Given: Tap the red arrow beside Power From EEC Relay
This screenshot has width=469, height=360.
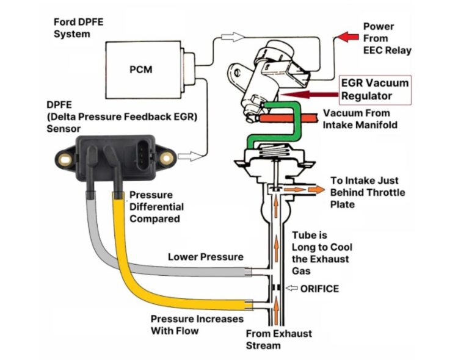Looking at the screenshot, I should pyautogui.click(x=349, y=37).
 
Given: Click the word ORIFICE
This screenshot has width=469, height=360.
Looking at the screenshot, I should pyautogui.click(x=319, y=288).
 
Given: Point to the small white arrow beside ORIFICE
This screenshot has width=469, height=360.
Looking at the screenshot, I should pyautogui.click(x=293, y=288).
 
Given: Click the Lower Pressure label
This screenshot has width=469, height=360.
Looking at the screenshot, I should pyautogui.click(x=205, y=257).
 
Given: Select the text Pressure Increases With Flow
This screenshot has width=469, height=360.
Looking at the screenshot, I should pyautogui.click(x=197, y=325).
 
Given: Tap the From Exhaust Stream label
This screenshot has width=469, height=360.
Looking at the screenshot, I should pyautogui.click(x=278, y=340).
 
